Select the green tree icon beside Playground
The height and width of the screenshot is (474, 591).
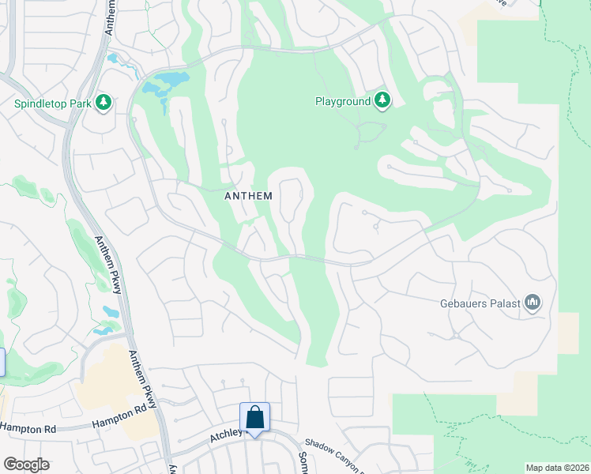(x=382, y=100)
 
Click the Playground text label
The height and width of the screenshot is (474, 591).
(x=343, y=102)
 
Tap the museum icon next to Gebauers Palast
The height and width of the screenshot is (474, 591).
(x=533, y=303)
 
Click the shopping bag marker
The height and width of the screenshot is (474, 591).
(x=255, y=416)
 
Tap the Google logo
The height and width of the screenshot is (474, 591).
(x=26, y=465)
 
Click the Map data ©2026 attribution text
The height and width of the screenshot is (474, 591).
(x=557, y=468)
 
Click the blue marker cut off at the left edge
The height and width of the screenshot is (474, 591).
(x=2, y=362)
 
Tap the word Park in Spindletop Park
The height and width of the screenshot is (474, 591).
(x=81, y=103)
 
